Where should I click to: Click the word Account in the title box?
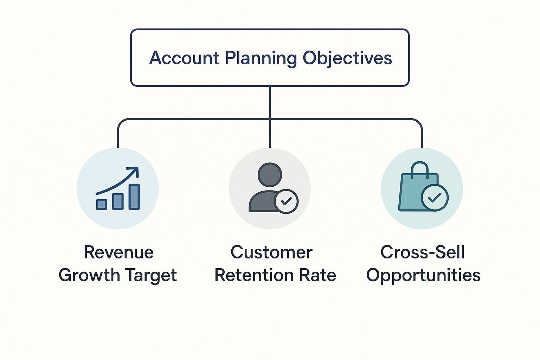(184, 58)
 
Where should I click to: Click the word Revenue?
(119, 252)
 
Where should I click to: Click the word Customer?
(271, 252)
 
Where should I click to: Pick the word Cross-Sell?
(423, 252)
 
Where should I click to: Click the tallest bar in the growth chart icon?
(134, 197)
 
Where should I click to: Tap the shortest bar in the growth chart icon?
(102, 204)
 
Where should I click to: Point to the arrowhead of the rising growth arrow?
(134, 171)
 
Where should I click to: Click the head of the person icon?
(270, 175)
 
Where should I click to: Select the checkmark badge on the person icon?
(287, 201)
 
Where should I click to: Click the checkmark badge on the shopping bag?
(435, 198)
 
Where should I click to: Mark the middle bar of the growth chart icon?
(118, 201)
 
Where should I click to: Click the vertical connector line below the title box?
(270, 102)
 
